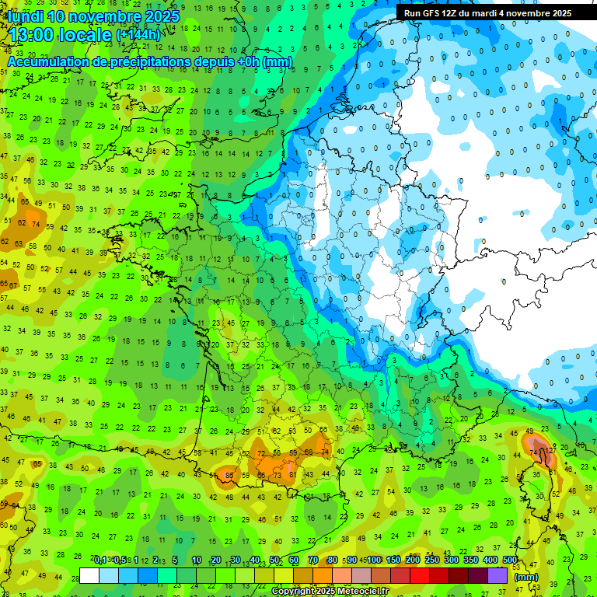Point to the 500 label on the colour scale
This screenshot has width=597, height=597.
(x=510, y=560)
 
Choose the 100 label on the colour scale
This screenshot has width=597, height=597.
(x=375, y=560)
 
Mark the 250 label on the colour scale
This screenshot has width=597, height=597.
(x=432, y=560)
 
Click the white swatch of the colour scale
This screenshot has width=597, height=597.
(x=89, y=575)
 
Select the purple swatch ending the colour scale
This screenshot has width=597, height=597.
(x=498, y=575)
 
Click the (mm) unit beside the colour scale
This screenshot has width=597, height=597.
(x=526, y=577)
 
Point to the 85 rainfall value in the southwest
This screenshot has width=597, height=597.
(x=229, y=475)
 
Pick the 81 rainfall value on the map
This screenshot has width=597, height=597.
(x=292, y=474)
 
